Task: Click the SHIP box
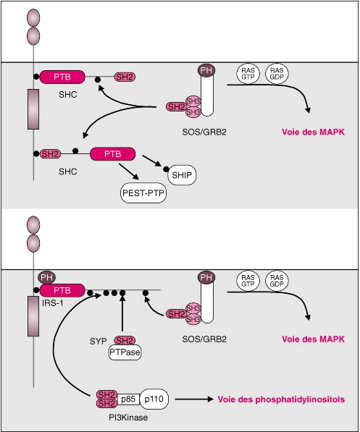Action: tap(182, 175)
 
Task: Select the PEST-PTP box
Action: tap(143, 193)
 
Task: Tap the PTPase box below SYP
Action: tap(125, 352)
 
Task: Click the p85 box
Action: tap(128, 399)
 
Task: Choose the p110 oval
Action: tap(154, 399)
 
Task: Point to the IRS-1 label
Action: tap(52, 303)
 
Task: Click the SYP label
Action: tap(99, 342)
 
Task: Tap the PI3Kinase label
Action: tap(128, 418)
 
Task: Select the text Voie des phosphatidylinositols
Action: tap(281, 399)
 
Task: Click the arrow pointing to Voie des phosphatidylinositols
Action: tap(194, 399)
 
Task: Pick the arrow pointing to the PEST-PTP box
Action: tap(129, 171)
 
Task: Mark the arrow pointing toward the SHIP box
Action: tap(151, 161)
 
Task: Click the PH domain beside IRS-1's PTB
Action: tap(46, 277)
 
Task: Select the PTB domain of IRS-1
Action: tap(62, 290)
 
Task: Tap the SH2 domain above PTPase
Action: tap(125, 341)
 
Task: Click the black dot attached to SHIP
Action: tap(166, 169)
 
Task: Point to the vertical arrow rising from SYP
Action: tap(122, 313)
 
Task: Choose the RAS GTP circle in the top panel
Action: tap(248, 74)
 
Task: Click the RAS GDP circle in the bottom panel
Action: tap(277, 281)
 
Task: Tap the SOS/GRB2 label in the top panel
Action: tap(204, 132)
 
